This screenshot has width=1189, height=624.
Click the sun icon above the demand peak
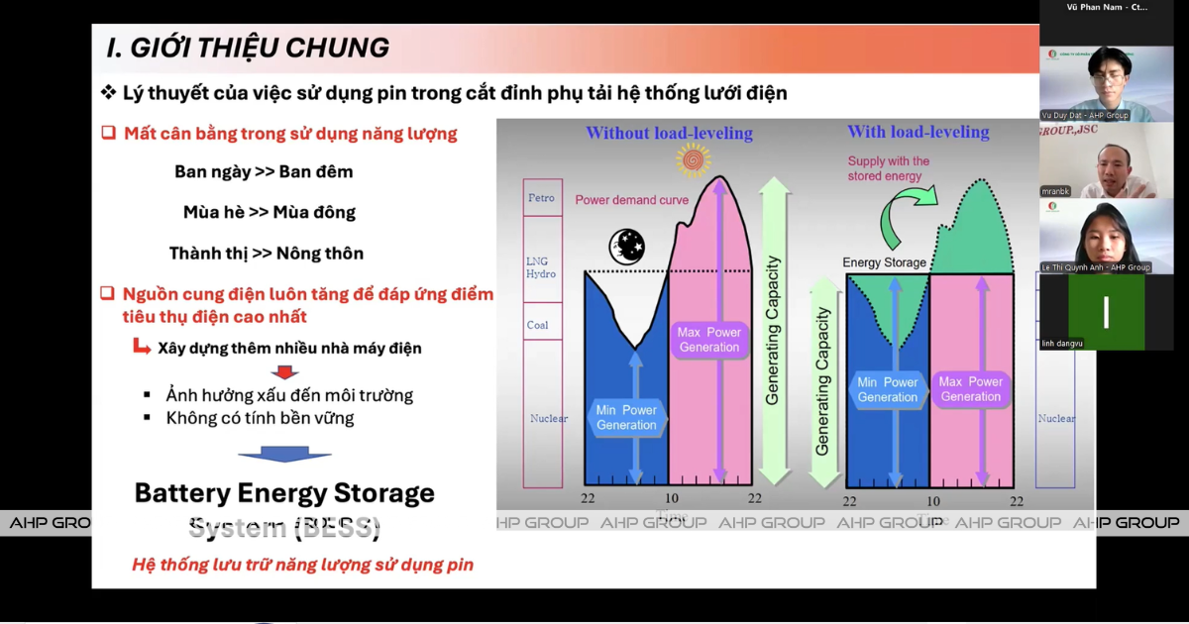tap(694, 158)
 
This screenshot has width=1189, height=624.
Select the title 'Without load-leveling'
tap(669, 133)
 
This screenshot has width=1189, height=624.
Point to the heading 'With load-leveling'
tap(918, 132)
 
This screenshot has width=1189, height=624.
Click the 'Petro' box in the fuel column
tap(542, 198)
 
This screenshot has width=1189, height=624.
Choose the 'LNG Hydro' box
tap(542, 267)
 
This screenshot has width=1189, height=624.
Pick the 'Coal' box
tap(538, 325)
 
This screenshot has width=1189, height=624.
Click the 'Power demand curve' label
tap(631, 200)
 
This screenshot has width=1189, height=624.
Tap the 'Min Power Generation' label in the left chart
tap(626, 417)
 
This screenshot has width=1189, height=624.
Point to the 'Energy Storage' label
tap(884, 262)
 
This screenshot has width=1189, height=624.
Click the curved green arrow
tap(906, 212)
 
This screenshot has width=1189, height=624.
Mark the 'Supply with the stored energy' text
tap(888, 168)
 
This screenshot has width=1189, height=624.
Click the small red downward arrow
tap(285, 372)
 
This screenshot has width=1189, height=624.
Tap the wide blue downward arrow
tap(284, 453)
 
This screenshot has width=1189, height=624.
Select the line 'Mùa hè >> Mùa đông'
tap(269, 212)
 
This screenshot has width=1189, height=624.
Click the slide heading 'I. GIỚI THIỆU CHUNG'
tap(248, 48)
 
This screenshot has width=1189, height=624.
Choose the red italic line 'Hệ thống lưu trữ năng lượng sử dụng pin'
tap(302, 565)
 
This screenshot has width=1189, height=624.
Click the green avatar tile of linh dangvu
tap(1106, 311)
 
